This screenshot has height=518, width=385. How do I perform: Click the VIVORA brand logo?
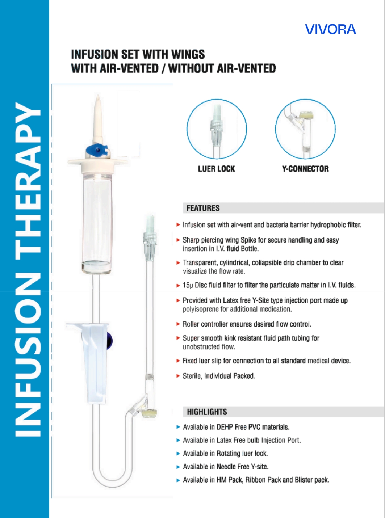pos(330,29)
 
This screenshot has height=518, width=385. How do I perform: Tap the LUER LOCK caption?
pos(216,169)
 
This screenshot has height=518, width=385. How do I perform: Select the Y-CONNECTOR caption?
pos(305,169)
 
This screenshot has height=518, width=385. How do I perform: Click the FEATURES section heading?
pos(203,208)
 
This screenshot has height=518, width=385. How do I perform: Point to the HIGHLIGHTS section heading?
pos(207,412)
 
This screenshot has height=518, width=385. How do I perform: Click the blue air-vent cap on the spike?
pos(97,150)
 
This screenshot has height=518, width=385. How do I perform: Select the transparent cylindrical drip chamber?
pos(96,221)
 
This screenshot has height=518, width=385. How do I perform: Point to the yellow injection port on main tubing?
pos(149,413)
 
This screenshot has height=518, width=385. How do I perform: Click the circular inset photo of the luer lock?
pos(217,129)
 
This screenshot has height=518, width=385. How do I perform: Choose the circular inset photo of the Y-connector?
pos(305,129)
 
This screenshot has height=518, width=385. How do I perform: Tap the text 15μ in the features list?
pos(188,285)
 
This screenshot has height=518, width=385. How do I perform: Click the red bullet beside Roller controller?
pos(178,324)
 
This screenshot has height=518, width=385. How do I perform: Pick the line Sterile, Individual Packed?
pos(219,376)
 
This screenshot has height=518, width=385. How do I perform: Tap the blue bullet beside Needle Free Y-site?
pos(178,467)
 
